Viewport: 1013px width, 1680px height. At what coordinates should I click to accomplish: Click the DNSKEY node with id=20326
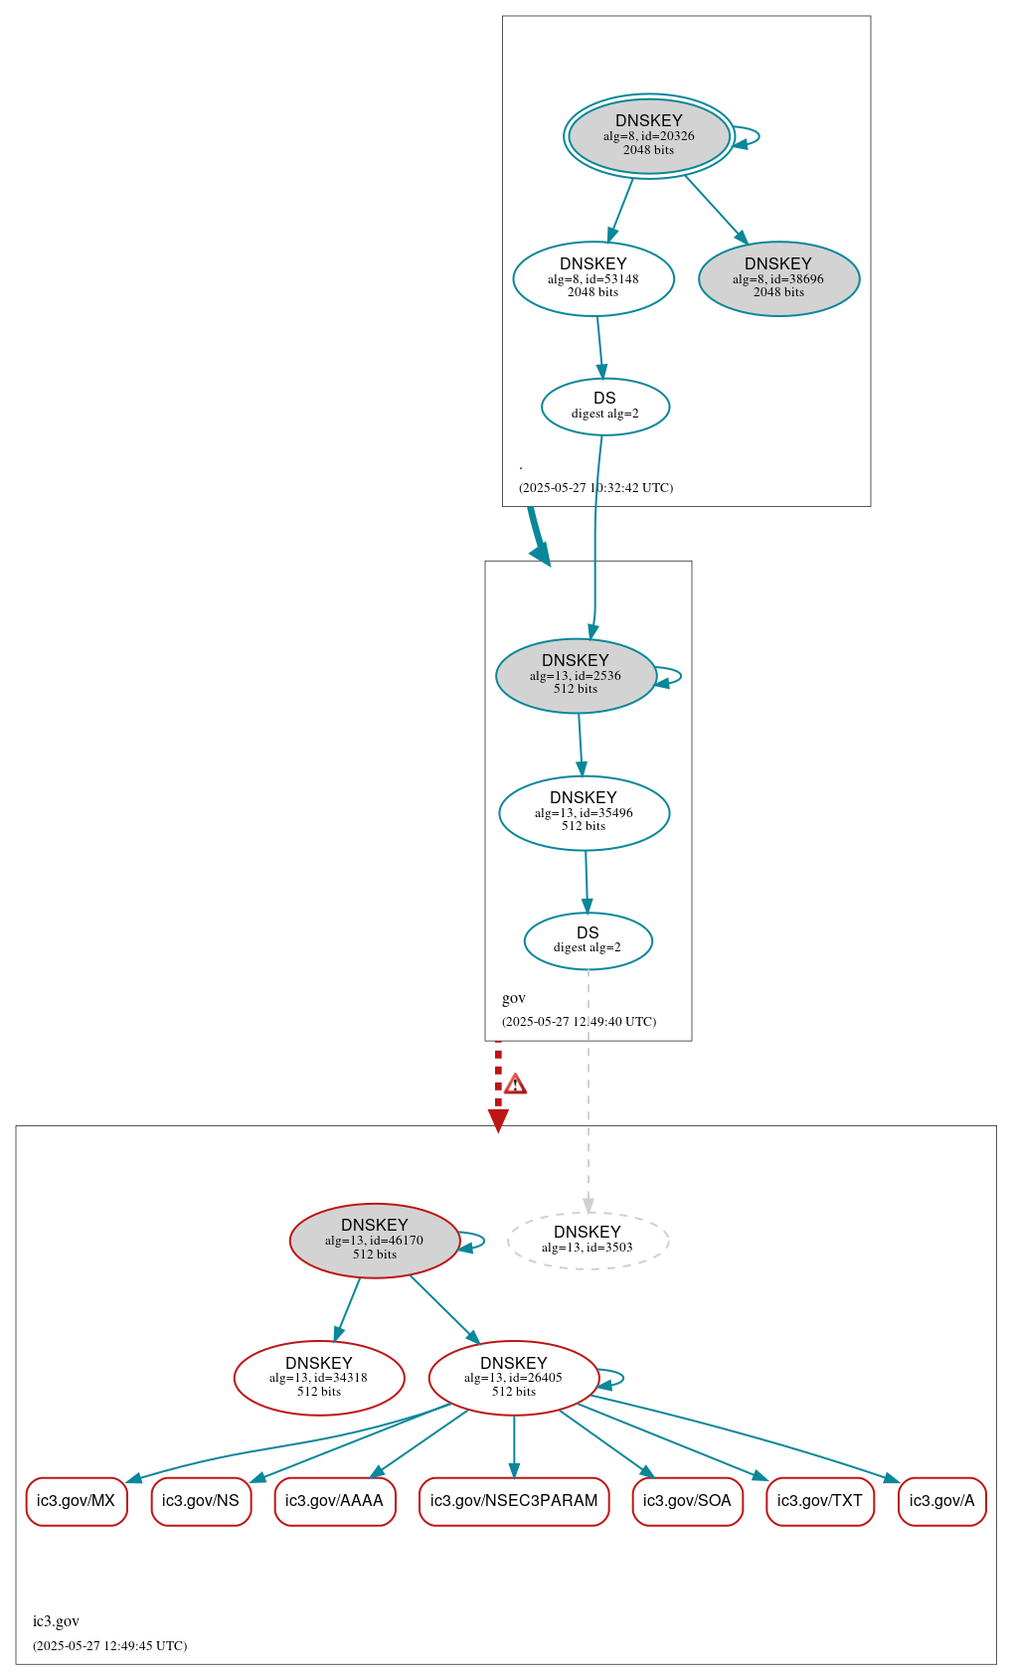648,136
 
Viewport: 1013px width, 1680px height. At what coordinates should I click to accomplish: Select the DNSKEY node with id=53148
593,278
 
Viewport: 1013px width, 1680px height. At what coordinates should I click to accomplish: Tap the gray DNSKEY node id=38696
778,278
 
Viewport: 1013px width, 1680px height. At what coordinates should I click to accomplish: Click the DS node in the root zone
604,406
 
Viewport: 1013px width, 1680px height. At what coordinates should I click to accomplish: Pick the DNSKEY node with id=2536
576,675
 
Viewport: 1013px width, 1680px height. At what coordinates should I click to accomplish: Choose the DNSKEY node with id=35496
584,812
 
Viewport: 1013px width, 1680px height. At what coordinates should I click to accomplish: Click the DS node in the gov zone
588,940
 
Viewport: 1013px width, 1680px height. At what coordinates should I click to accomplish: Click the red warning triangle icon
515,1084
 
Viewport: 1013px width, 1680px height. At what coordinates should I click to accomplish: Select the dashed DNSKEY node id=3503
588,1240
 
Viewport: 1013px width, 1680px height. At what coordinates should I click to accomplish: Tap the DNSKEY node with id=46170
375,1240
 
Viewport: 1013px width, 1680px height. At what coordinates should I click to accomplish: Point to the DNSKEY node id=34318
319,1377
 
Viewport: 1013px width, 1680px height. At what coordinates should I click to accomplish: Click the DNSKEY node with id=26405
514,1377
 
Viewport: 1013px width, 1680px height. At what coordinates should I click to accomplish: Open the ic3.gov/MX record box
77,1500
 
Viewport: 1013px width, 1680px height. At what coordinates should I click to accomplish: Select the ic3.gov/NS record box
201,1500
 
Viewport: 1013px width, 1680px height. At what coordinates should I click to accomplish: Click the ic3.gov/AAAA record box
334,1500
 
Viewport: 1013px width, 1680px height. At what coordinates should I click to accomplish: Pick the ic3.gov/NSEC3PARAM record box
514,1500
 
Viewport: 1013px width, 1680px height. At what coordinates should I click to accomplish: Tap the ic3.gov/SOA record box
687,1500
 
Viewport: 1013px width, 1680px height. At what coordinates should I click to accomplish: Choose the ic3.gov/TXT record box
820,1500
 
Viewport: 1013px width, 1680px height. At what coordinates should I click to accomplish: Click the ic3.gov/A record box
941,1500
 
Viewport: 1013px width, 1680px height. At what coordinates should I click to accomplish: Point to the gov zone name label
514,998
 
